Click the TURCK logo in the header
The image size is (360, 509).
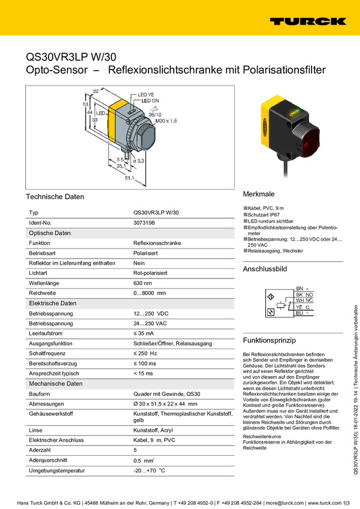(307, 22)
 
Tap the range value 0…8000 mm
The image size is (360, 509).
(150, 293)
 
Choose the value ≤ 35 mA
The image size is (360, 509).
(144, 334)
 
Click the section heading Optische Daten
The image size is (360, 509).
(50, 233)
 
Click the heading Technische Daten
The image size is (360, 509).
(55, 197)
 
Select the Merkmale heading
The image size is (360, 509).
(258, 195)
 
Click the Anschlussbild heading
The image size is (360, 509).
(265, 269)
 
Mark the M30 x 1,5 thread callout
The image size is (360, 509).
(167, 121)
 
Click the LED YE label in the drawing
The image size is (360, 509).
(147, 95)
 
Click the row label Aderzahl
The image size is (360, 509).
(41, 450)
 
